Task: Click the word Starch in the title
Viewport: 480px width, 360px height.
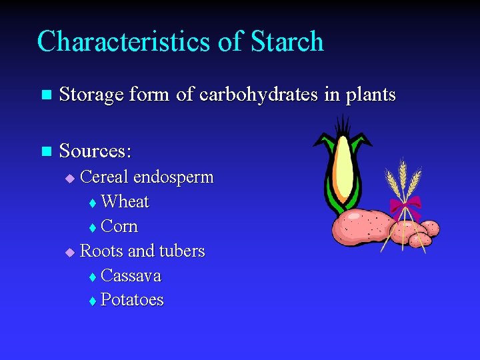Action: (287, 41)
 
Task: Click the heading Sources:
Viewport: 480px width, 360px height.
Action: (95, 151)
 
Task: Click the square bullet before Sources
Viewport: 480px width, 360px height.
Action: (45, 152)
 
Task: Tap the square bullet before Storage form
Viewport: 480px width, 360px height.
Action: (45, 95)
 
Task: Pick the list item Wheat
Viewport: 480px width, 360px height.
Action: (125, 202)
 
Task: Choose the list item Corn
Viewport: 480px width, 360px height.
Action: (119, 227)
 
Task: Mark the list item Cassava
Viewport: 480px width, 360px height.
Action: (131, 276)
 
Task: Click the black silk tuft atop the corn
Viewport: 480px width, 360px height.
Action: (343, 125)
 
